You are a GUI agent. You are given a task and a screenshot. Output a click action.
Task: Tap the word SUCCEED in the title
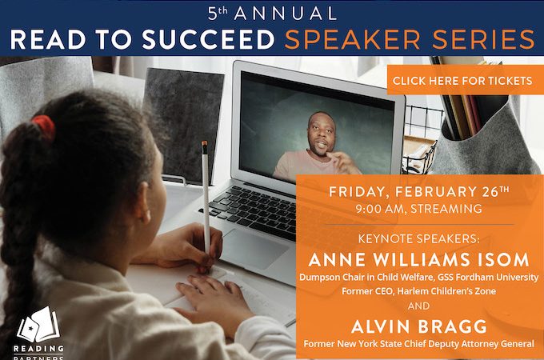[x=209, y=39]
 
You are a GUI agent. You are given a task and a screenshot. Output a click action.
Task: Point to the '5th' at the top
[x=218, y=14]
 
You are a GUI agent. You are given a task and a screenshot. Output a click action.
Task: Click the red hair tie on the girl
[x=44, y=128]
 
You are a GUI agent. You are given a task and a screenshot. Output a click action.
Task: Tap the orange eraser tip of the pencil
[x=204, y=143]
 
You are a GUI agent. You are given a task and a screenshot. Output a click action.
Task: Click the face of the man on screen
[x=322, y=134]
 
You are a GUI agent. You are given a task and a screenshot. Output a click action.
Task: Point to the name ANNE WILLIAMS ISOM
[x=418, y=260]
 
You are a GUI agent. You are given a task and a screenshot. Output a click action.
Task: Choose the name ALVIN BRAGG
[x=418, y=326]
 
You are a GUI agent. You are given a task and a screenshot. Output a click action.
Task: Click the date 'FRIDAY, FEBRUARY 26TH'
[x=418, y=192]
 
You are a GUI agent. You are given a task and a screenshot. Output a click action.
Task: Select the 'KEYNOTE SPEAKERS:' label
[x=418, y=238]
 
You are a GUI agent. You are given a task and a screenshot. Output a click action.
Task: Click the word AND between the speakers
[x=418, y=306]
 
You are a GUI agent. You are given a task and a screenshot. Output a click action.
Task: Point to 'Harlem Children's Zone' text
[x=446, y=291]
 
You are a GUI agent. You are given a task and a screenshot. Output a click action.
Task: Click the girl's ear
[x=142, y=203]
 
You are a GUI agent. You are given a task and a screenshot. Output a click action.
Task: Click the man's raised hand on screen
[x=342, y=161]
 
